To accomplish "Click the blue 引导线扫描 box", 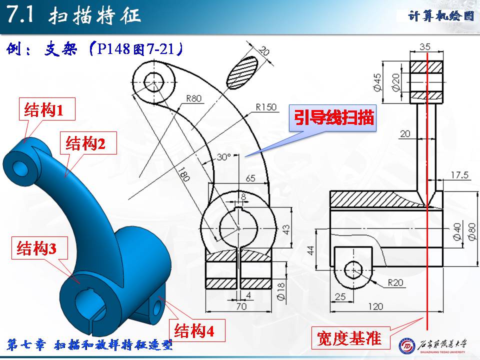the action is [333, 118].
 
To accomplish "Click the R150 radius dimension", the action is [265, 107].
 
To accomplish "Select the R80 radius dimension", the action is [193, 98].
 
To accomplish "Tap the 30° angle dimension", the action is [223, 157].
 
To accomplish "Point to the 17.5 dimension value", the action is [458, 175].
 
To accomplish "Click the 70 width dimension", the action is [241, 306].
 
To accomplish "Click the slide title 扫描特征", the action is [95, 16].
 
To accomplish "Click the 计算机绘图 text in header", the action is [440, 16].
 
